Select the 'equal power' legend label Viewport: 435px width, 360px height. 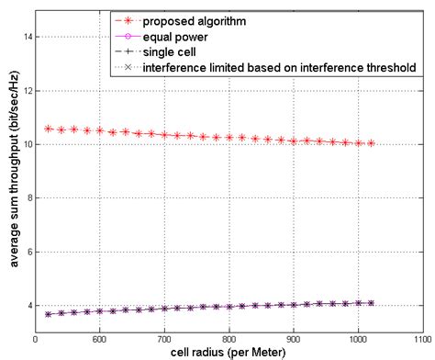[x=175, y=36]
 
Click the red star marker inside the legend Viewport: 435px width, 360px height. [x=127, y=20]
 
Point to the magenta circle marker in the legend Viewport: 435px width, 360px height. [x=127, y=36]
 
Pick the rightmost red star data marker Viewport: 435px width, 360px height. [x=371, y=143]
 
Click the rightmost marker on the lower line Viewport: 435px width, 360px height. [x=371, y=302]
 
